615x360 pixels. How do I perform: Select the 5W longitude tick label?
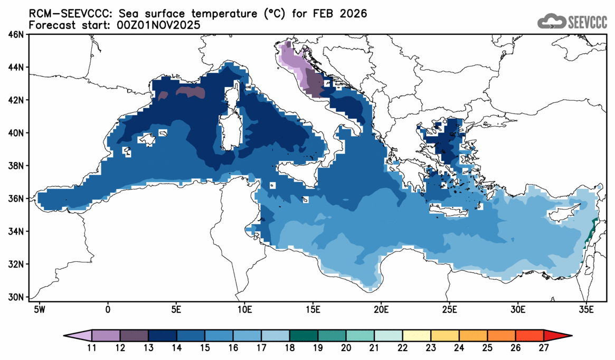point(39,308)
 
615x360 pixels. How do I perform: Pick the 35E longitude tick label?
point(585,308)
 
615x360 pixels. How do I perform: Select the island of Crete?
point(449,211)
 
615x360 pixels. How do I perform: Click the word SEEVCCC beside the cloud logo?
point(588,22)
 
